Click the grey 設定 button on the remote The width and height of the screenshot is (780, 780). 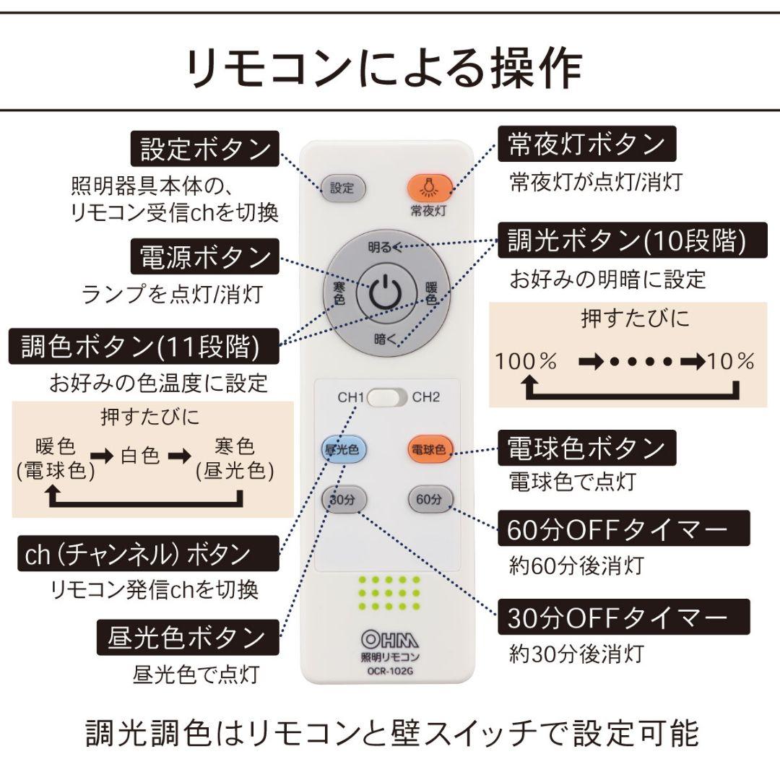(342, 189)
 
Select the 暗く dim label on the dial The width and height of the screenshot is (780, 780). (386, 338)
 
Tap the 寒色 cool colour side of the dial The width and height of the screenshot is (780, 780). (339, 292)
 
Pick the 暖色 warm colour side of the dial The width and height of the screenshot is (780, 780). (431, 292)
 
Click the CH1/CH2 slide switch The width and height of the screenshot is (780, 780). (387, 398)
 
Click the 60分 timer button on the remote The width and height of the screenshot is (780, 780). (430, 499)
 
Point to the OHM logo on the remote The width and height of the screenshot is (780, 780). (389, 639)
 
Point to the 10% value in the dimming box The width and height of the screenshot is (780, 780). (731, 362)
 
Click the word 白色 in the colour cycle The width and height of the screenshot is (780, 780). (141, 456)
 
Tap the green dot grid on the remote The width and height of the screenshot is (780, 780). (389, 594)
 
